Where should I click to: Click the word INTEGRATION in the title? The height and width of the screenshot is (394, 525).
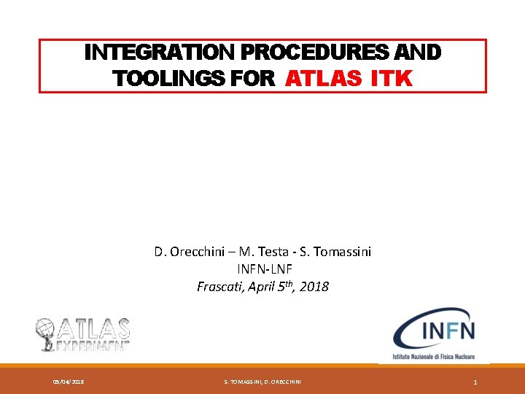click(x=144, y=53)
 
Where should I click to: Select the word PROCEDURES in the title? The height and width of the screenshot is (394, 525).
click(x=300, y=53)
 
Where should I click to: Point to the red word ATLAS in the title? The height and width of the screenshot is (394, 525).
click(x=324, y=78)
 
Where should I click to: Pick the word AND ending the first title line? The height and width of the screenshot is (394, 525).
click(x=419, y=53)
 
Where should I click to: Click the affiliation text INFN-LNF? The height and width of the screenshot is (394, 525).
click(x=262, y=269)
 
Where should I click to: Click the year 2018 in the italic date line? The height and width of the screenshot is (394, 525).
click(x=314, y=287)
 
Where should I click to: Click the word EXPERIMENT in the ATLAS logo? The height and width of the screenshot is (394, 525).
click(x=93, y=346)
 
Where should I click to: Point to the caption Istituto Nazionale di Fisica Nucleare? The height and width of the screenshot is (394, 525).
click(x=435, y=357)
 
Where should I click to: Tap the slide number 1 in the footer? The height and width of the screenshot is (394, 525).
click(x=475, y=382)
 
